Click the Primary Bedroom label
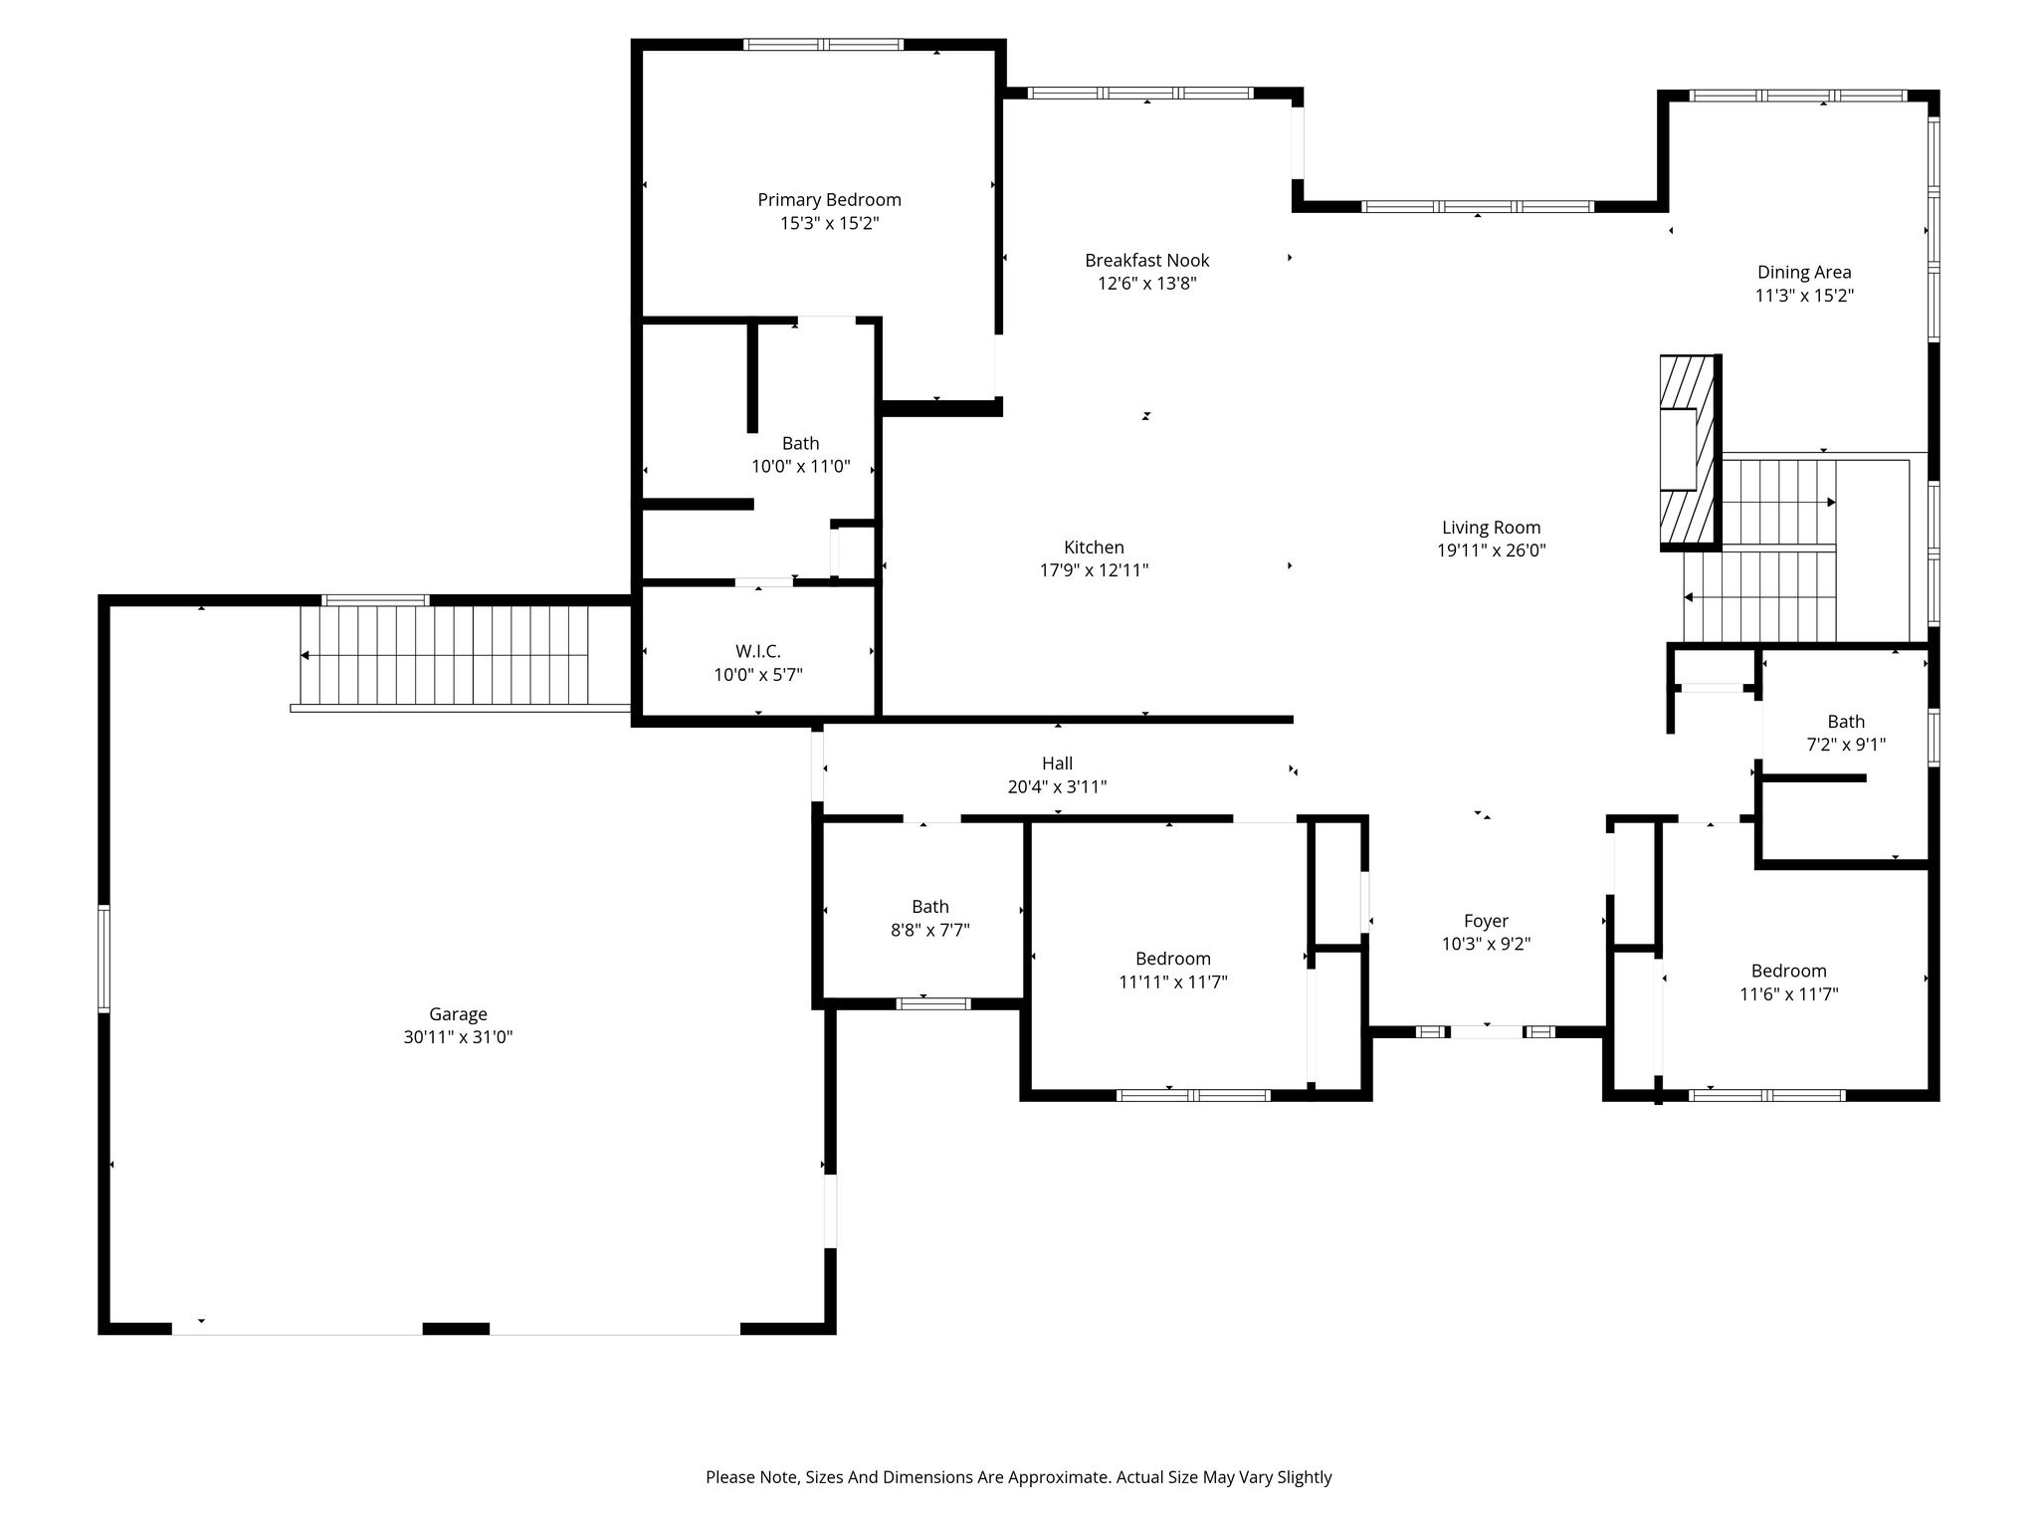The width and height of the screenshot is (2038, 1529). click(x=829, y=200)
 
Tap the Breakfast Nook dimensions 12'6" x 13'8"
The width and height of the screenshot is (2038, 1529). click(x=1146, y=284)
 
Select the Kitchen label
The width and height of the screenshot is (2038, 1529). click(x=1094, y=547)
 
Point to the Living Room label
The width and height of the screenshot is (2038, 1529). click(x=1491, y=528)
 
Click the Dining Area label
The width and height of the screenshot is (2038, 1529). click(x=1804, y=272)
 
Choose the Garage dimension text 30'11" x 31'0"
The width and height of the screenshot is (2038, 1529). click(x=458, y=1037)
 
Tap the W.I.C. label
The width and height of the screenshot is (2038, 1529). click(x=757, y=651)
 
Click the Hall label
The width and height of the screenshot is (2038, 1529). click(x=1057, y=764)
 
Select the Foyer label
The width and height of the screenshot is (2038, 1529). click(x=1486, y=922)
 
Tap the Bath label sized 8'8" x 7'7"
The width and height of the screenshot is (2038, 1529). click(x=929, y=907)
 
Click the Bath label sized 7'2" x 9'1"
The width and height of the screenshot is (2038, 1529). click(x=1846, y=722)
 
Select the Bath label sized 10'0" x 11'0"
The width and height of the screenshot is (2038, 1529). click(x=800, y=444)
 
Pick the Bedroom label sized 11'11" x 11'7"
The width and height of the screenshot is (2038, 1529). click(x=1173, y=959)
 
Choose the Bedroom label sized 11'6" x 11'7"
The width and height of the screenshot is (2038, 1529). click(x=1789, y=971)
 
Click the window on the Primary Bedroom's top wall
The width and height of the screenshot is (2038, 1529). click(x=824, y=44)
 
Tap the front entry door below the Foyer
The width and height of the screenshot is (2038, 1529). click(x=1487, y=1031)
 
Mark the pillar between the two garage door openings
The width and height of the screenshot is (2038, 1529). click(x=457, y=1328)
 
